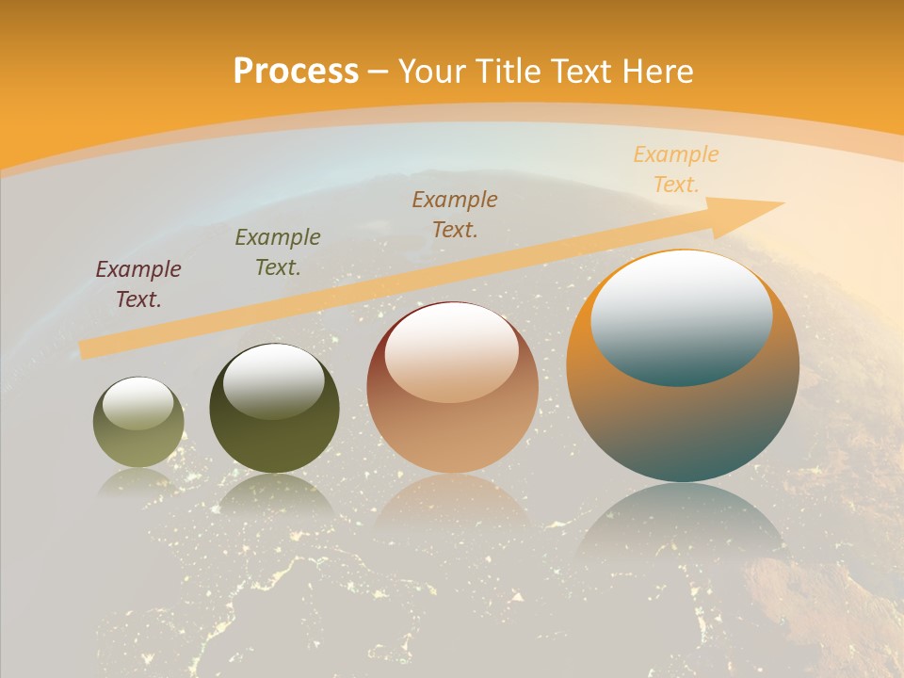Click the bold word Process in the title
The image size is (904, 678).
pos(296,72)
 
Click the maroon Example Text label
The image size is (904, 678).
pos(138,284)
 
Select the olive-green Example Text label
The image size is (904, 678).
pos(278,252)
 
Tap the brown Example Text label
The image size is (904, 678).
pos(455,214)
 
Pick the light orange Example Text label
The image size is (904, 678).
pos(676,169)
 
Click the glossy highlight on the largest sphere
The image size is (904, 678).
pos(682,317)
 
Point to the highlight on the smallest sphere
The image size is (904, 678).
pos(138,404)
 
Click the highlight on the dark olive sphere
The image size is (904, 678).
pos(274,381)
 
